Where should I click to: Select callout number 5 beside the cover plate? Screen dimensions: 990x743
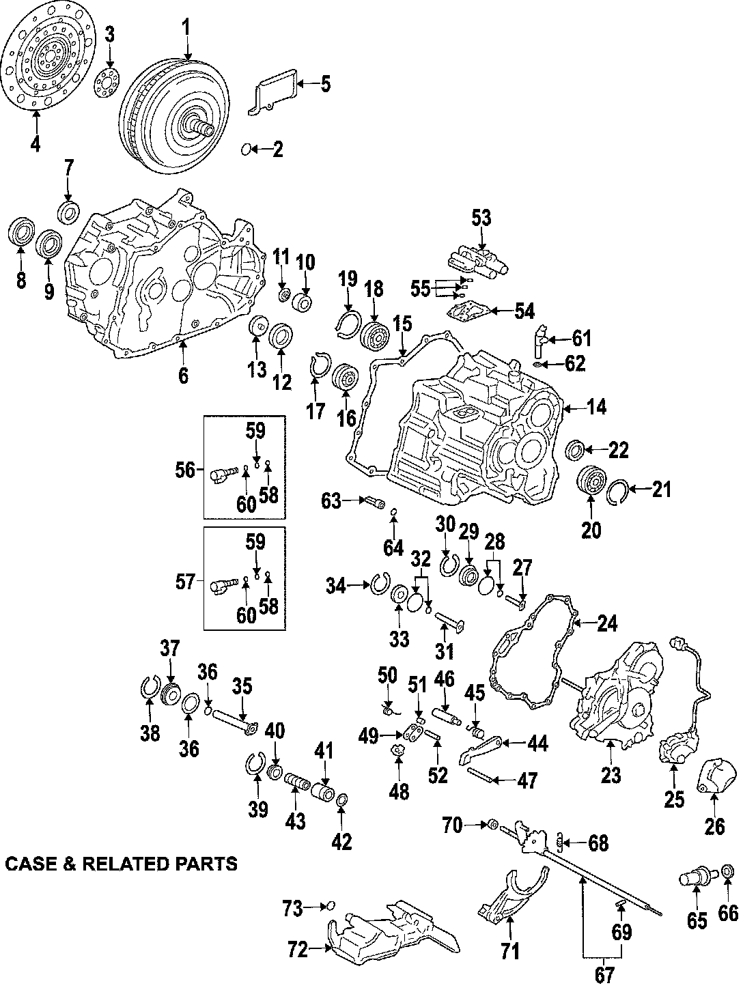coord(324,85)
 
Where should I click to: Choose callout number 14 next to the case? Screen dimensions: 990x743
coord(596,408)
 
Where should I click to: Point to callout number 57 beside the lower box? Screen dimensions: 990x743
coord(186,582)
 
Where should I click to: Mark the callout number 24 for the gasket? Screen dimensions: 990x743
coord(606,623)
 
